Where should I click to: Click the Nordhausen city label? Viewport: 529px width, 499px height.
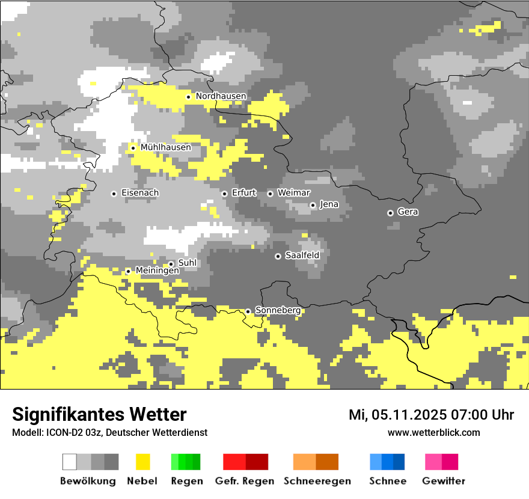(221, 96)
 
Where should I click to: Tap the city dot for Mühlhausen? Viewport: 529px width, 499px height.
(133, 148)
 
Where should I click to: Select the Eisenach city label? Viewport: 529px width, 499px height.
(140, 193)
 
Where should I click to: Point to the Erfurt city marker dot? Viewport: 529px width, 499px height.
(224, 194)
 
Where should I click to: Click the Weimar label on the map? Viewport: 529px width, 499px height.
(294, 193)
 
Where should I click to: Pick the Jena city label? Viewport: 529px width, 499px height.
(329, 204)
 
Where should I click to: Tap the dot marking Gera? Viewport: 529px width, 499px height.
(390, 213)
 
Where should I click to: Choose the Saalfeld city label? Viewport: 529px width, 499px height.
(302, 256)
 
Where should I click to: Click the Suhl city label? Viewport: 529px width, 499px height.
(188, 263)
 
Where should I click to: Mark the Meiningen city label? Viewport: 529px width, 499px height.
(157, 271)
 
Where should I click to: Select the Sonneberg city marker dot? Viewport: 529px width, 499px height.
(248, 311)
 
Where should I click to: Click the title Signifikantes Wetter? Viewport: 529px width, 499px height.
(99, 414)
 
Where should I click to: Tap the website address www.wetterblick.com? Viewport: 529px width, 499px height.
(433, 432)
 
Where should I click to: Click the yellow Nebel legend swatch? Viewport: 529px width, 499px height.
(142, 462)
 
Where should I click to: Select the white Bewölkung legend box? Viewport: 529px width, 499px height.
(70, 462)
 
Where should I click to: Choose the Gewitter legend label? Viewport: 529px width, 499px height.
(444, 481)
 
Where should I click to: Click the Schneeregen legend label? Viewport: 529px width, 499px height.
(317, 481)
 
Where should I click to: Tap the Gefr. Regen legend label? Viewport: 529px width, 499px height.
(245, 481)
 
